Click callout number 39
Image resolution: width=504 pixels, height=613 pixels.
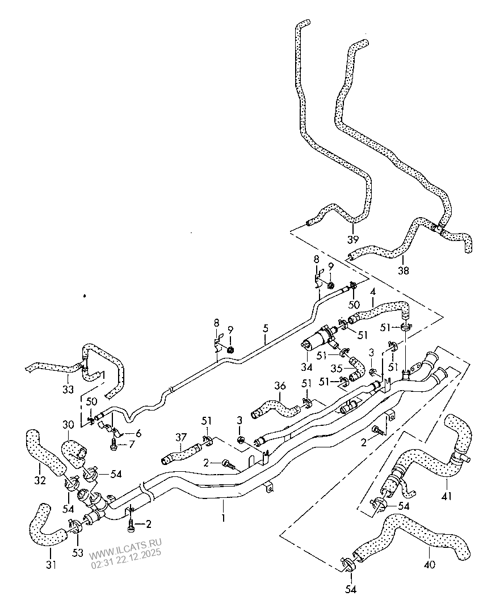[x=353, y=239]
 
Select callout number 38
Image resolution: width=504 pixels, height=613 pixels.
[x=404, y=271]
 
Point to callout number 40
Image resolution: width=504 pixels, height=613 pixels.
[x=429, y=565]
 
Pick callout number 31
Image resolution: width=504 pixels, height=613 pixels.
[x=51, y=565]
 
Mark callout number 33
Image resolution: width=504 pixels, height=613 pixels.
[x=68, y=390]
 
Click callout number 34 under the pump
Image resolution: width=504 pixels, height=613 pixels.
[x=307, y=361]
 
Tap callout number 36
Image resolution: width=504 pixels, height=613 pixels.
[x=280, y=386]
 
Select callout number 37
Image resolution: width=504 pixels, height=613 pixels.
[x=180, y=437]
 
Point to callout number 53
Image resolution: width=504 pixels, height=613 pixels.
[x=77, y=552]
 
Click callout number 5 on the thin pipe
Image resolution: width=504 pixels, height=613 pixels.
[x=264, y=328]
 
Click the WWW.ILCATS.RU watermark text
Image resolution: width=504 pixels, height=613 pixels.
[x=124, y=552]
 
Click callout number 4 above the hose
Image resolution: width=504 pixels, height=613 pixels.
[x=372, y=293]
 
